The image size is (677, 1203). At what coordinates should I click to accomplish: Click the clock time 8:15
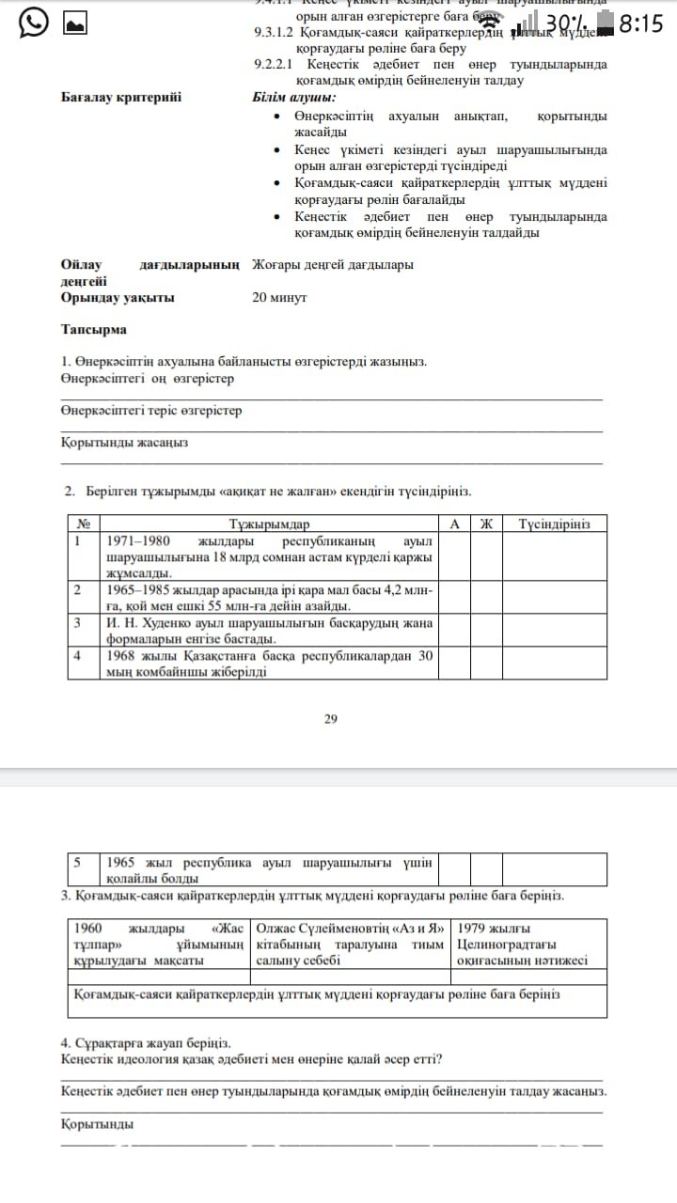click(x=642, y=23)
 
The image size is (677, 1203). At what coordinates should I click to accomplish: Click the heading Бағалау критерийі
click(x=121, y=97)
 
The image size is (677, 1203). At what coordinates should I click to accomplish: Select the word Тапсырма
click(x=94, y=330)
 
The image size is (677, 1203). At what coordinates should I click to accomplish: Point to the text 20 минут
click(x=279, y=298)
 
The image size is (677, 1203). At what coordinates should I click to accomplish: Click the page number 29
click(x=330, y=719)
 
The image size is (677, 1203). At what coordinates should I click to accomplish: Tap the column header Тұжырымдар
click(x=269, y=523)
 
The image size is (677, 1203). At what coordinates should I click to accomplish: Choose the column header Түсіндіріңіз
click(x=555, y=523)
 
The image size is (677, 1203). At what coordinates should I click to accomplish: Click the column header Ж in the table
click(x=486, y=523)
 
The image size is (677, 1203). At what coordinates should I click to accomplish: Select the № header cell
click(x=84, y=523)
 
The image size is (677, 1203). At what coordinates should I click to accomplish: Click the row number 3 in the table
click(x=78, y=622)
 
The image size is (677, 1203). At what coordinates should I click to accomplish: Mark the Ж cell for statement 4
click(x=486, y=664)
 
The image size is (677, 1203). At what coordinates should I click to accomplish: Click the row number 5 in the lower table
click(x=78, y=862)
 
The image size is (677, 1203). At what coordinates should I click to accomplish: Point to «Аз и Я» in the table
click(x=417, y=929)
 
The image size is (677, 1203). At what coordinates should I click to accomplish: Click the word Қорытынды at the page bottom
click(x=97, y=1124)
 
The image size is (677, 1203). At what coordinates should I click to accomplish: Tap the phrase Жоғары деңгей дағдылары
click(x=333, y=265)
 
